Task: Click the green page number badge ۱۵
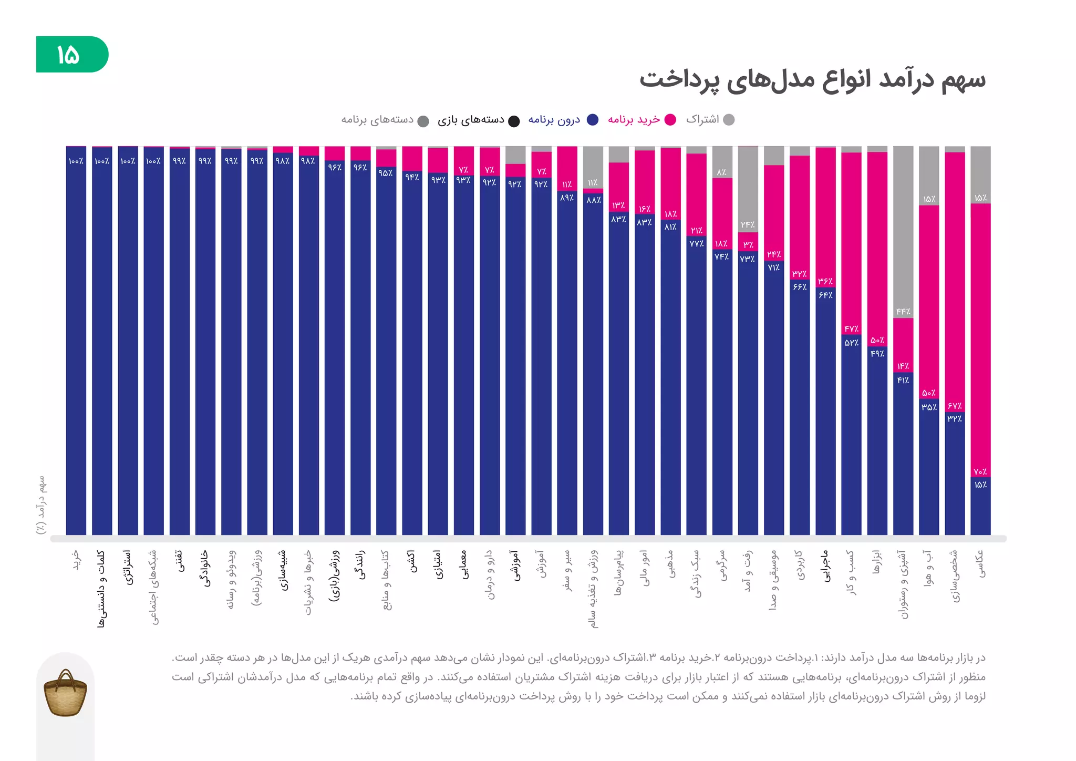[71, 54]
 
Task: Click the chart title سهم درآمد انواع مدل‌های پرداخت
[812, 80]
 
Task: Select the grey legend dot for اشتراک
[729, 120]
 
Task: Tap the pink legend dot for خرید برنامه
[670, 120]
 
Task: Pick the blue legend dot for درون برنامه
[593, 120]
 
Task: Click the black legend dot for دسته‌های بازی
[514, 121]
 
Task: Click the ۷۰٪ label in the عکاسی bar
[980, 471]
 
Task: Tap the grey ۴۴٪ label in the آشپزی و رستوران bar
[903, 312]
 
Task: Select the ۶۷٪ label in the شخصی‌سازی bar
[954, 406]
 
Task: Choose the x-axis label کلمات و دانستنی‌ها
[101, 589]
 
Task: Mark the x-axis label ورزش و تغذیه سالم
[593, 589]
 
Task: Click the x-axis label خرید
[76, 560]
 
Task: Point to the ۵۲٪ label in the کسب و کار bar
[851, 343]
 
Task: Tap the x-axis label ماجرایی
[825, 566]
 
